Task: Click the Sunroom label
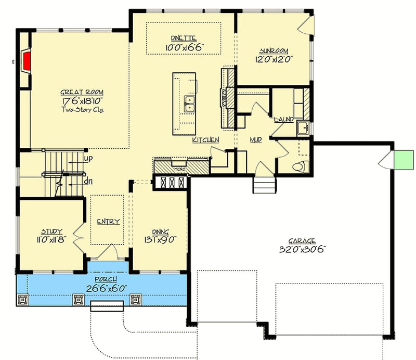click(x=274, y=51)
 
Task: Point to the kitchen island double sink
click(x=190, y=104)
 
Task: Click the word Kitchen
click(x=205, y=140)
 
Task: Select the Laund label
click(x=283, y=119)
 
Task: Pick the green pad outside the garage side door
click(x=402, y=159)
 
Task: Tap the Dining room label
click(x=160, y=232)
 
